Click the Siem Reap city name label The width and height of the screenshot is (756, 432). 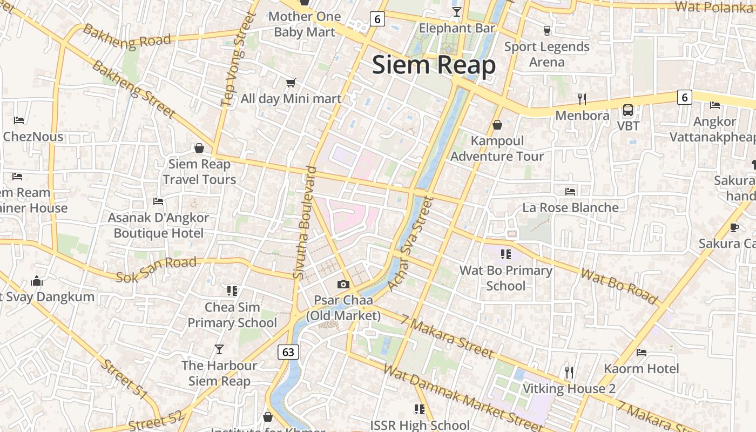[x=434, y=65]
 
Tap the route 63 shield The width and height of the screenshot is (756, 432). [x=288, y=352]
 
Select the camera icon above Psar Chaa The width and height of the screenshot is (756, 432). [x=343, y=284]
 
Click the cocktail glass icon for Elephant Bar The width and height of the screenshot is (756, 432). [x=457, y=12]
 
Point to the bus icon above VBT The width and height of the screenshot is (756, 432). [x=628, y=110]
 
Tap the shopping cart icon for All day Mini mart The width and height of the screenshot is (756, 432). [x=291, y=83]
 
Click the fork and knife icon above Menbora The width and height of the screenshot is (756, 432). [x=582, y=99]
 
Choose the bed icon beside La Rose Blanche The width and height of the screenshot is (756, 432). [x=570, y=191]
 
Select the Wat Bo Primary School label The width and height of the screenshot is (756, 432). [x=505, y=278]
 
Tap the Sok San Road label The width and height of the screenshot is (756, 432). [x=156, y=268]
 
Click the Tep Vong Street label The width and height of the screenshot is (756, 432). [x=237, y=59]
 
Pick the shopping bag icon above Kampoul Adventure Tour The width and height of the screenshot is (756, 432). [x=497, y=125]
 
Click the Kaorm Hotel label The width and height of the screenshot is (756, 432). [x=641, y=368]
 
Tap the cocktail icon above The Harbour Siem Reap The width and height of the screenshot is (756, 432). [x=219, y=349]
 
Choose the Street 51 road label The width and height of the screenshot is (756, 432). [x=124, y=381]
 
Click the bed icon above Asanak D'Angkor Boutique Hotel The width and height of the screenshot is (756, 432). [x=158, y=201]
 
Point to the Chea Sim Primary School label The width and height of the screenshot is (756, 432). [x=232, y=315]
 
